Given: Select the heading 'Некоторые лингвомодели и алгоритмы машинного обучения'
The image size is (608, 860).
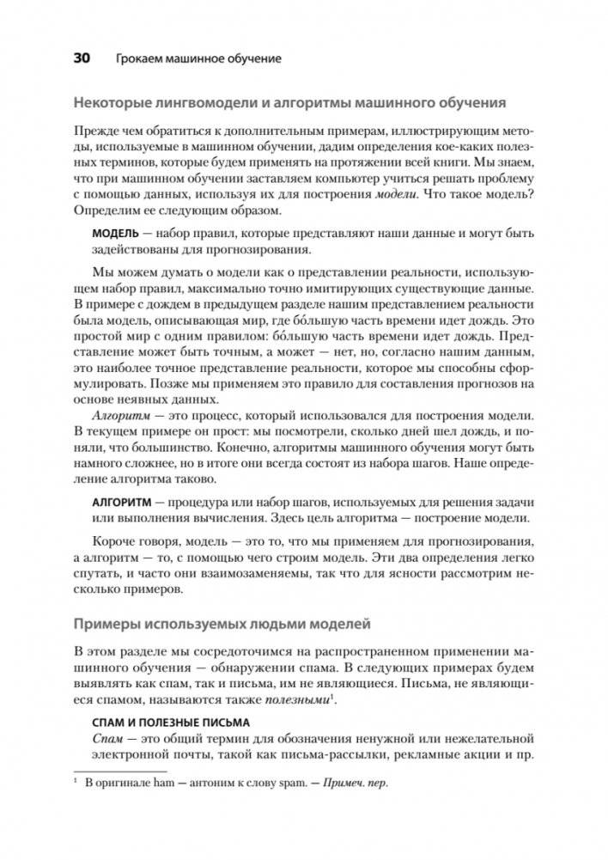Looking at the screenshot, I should (301, 103).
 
